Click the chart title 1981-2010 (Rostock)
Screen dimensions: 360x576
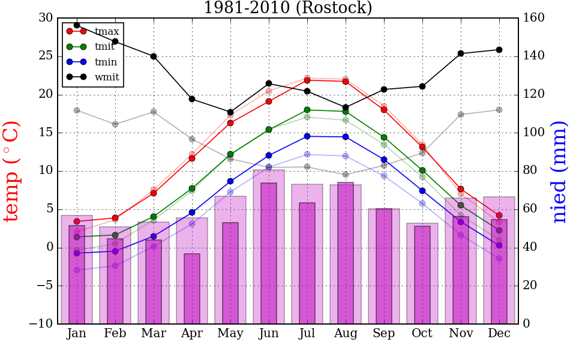point(287,8)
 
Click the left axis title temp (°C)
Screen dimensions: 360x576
point(13,171)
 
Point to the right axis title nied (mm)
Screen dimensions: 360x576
point(559,171)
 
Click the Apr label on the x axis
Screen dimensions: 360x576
point(192,334)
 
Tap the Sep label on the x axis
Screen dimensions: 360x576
point(384,334)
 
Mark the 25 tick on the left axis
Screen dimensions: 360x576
point(46,56)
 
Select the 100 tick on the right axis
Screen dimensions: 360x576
point(535,133)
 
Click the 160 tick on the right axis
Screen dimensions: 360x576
point(535,18)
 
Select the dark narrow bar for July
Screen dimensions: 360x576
point(307,263)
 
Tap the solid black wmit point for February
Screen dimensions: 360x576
point(115,41)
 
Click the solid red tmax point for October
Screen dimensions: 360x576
point(422,147)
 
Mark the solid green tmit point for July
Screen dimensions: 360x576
point(307,110)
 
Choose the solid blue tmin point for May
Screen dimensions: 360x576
point(230,181)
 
